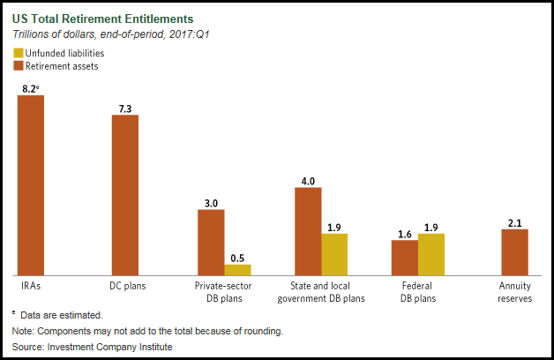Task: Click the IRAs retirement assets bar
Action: point(31,185)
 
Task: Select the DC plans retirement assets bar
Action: point(125,195)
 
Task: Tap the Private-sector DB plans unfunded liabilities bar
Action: point(237,270)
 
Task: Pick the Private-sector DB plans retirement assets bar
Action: point(211,243)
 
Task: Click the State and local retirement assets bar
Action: point(308,231)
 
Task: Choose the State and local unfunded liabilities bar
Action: point(334,254)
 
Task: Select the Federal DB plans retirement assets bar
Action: point(404,258)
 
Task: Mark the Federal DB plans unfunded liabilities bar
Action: point(431,254)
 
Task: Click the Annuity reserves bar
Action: point(514,252)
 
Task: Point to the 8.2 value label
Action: point(30,88)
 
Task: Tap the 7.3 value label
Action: point(125,108)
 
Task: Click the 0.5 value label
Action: point(237,258)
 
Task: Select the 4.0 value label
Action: point(308,181)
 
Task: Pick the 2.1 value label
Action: point(514,222)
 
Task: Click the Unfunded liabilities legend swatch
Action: point(18,53)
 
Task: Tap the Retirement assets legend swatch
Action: point(18,65)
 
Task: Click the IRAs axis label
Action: point(31,286)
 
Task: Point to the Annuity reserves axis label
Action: point(514,291)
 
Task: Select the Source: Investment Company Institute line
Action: point(93,347)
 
